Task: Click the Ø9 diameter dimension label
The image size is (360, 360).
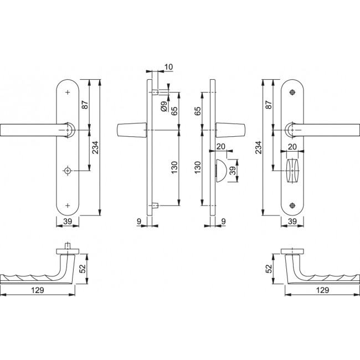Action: pos(164,106)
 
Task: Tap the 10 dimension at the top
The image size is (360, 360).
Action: pos(168,67)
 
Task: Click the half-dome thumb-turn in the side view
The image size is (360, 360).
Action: pos(221,170)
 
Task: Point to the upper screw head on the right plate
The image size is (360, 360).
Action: pos(292,92)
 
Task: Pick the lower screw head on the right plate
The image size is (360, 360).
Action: pos(292,205)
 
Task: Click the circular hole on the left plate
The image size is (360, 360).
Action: pos(68,171)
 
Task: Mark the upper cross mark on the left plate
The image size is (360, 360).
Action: pos(68,92)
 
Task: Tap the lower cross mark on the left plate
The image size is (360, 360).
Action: pos(68,205)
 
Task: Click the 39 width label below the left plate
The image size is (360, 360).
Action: pos(68,222)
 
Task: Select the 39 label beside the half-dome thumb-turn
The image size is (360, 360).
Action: pos(233,171)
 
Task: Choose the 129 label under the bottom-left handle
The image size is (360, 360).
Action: pos(38,290)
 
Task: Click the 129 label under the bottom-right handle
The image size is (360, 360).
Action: pos(322,290)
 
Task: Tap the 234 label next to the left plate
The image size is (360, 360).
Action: pos(95,147)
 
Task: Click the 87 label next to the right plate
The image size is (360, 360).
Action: pos(270,105)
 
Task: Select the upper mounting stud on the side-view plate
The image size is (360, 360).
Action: pos(155,92)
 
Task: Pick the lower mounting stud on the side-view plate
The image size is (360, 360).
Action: pos(155,205)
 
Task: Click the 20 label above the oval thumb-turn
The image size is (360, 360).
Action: pos(292,147)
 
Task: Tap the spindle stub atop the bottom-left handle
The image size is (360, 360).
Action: pos(68,246)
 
